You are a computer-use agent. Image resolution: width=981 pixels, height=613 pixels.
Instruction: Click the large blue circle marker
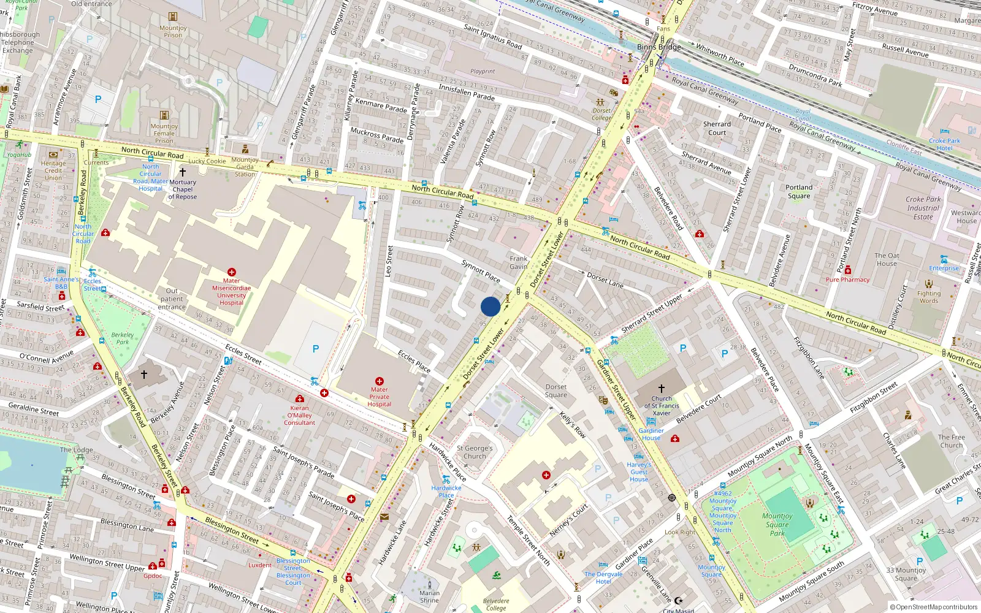coord(490,306)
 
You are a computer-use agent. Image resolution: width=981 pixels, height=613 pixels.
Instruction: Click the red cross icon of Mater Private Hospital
coord(380,381)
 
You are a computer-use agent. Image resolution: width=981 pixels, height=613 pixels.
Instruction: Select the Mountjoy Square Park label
coord(777,525)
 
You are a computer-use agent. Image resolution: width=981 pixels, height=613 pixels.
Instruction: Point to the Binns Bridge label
coord(658,47)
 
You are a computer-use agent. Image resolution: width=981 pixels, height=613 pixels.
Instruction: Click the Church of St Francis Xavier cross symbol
coord(662,388)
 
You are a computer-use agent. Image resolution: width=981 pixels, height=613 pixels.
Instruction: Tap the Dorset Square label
coord(556,391)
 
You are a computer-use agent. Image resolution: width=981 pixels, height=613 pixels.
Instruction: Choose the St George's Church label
coord(475,452)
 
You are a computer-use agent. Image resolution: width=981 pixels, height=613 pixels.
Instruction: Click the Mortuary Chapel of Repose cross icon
coord(182,172)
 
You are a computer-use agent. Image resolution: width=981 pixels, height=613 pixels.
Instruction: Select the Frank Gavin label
coord(518,262)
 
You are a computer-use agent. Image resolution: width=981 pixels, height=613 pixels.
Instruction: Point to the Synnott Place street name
coord(481,270)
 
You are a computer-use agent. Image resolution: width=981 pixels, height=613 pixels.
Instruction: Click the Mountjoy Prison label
coord(173,31)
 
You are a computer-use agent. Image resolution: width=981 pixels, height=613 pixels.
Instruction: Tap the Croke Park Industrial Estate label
coord(923,208)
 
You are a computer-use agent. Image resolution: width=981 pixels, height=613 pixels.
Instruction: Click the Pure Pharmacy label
coord(847,280)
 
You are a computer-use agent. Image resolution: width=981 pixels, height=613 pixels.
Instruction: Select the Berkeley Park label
coord(123,338)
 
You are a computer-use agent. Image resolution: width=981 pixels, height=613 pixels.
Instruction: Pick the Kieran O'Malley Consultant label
coord(299,415)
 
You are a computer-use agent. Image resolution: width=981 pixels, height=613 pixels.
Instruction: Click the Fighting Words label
coord(928,297)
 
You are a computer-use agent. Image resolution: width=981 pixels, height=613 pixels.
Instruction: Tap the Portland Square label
coord(798,192)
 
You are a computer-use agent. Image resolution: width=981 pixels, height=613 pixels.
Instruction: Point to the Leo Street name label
coord(389,260)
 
